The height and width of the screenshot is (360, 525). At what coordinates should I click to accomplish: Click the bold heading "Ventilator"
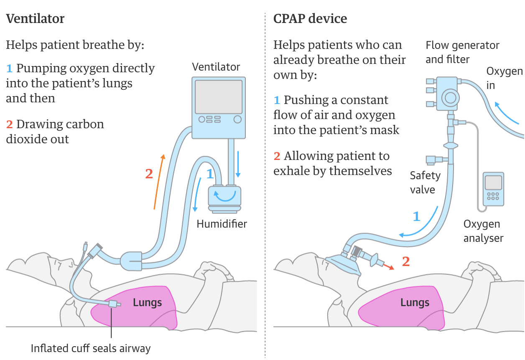[x=35, y=19]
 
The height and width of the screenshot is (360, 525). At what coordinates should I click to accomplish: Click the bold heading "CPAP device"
[x=310, y=19]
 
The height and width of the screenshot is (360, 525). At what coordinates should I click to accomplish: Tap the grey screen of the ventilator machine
[x=219, y=97]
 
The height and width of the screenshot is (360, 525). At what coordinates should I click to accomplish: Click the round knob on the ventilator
[x=237, y=119]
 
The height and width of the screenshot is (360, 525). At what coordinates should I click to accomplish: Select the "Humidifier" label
[x=222, y=224]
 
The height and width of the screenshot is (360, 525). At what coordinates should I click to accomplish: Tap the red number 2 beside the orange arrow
[x=149, y=174]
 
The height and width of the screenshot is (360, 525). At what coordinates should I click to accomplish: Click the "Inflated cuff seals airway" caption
[x=91, y=348]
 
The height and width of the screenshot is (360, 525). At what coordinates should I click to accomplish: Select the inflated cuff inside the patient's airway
[x=112, y=304]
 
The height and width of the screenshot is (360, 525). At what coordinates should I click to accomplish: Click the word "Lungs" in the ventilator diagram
[x=147, y=302]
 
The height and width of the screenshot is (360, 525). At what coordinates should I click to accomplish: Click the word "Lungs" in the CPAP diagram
[x=415, y=302]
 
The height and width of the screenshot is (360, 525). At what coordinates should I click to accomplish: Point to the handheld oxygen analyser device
[x=493, y=189]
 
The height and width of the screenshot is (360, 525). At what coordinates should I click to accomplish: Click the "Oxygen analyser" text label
[x=483, y=231]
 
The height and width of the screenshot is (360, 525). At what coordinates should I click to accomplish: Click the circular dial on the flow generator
[x=450, y=98]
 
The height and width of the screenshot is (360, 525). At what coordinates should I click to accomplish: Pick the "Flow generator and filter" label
[x=462, y=52]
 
